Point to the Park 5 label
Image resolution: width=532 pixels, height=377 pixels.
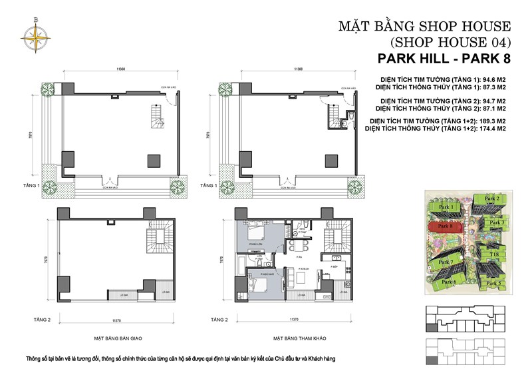coord(493,283)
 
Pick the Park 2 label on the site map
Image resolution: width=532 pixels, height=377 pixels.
coord(492,198)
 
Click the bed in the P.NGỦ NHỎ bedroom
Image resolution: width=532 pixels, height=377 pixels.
coord(256,284)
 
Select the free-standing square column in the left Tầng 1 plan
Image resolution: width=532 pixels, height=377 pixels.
coord(154,159)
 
